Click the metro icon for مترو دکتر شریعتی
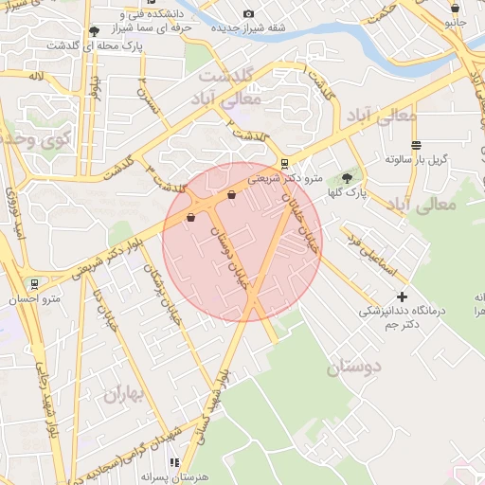pos(286,163)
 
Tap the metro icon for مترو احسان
pos(35,283)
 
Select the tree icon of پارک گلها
pos(348,177)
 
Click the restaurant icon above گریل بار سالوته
pos(409,143)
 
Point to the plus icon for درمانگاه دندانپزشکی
pos(402,296)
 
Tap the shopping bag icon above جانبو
pos(455,9)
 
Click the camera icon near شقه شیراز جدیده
pos(248,14)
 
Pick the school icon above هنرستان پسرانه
pos(174,462)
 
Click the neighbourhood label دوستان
pos(352,368)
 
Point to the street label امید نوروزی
pos(14,213)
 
